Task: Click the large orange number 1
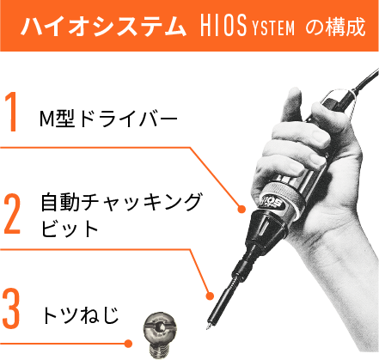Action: point(11,112)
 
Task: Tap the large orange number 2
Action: point(13,214)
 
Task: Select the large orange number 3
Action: point(11,308)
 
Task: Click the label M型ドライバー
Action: point(108,119)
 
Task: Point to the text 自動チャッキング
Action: point(121,203)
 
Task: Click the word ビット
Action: point(70,229)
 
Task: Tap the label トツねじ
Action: point(81,315)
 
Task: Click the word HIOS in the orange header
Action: point(223,26)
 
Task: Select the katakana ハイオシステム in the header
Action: point(103,27)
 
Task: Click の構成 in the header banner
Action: point(335,27)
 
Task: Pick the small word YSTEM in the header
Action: point(273,28)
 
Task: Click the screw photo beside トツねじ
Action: point(160,335)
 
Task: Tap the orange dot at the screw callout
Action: point(128,343)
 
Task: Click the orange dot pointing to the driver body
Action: point(241,209)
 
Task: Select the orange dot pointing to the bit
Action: point(210,296)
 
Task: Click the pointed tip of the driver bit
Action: point(207,328)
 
